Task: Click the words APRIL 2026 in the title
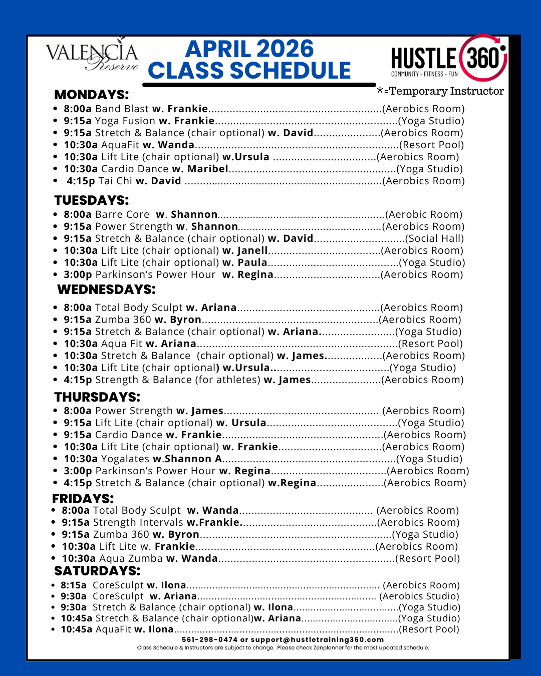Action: coord(249,49)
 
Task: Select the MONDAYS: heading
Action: coord(91,95)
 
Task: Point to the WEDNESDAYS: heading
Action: coord(106,289)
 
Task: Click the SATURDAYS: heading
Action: coord(97,571)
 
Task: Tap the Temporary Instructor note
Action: coord(440,91)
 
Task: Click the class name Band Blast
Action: coord(122,109)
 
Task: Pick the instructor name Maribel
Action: coord(207,169)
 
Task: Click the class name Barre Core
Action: coord(122,214)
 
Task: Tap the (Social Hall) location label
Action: coord(434,238)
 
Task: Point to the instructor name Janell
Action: coord(252,250)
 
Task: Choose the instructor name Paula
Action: coord(252,262)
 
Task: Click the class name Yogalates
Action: coord(125,459)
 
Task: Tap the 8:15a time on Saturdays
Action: coord(73,585)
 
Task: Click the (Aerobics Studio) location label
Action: coord(419,596)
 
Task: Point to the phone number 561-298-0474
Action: coord(209,639)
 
